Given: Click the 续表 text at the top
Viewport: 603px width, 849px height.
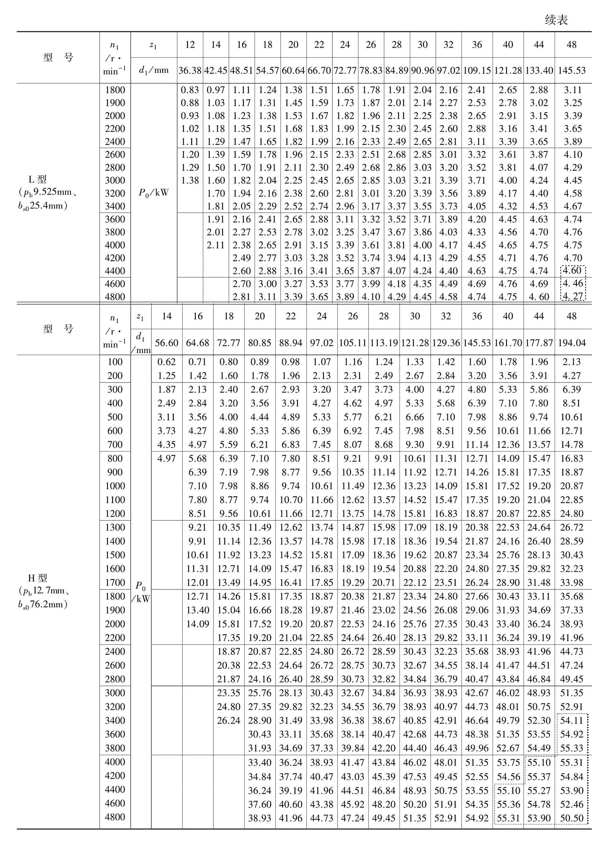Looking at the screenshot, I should [x=556, y=20].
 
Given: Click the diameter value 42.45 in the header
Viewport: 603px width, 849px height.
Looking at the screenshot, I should [x=216, y=70].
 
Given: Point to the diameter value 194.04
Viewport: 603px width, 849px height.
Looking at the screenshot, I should [x=572, y=343].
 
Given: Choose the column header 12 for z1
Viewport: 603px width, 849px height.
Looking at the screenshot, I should [x=190, y=45].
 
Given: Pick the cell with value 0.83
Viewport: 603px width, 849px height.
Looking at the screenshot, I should [x=190, y=90].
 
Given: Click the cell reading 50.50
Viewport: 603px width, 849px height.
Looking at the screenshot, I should [x=572, y=818].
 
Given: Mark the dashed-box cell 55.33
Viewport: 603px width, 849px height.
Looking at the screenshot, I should [x=572, y=748].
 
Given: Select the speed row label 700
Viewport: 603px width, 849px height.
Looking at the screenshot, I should [x=115, y=445].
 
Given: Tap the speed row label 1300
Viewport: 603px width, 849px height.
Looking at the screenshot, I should [x=115, y=527].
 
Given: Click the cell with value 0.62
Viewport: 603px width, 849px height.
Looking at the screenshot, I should [x=166, y=362].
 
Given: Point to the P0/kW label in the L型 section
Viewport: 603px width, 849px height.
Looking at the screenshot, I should [x=154, y=193].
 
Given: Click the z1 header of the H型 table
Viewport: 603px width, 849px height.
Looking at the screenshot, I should [x=140, y=316].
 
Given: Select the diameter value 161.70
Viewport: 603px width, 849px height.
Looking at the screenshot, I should [x=508, y=343].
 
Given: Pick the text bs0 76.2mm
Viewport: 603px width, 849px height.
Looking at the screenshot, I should [x=43, y=604].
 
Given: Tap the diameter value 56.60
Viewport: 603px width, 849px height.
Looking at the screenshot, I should [x=166, y=343].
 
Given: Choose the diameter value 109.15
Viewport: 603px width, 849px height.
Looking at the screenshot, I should [x=477, y=70].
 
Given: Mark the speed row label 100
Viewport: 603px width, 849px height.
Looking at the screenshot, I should [x=115, y=362].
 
